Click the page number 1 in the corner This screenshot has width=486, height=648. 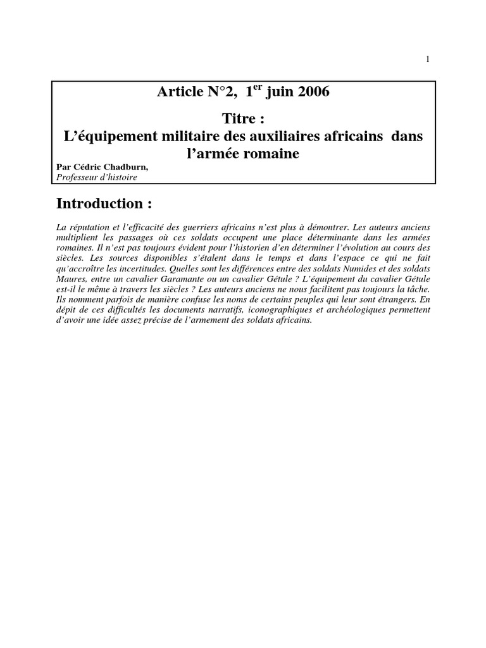click(x=428, y=59)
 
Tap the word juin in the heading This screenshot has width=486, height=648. click(x=278, y=94)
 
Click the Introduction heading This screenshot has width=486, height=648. click(x=104, y=204)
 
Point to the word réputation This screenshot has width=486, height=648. click(x=87, y=227)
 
